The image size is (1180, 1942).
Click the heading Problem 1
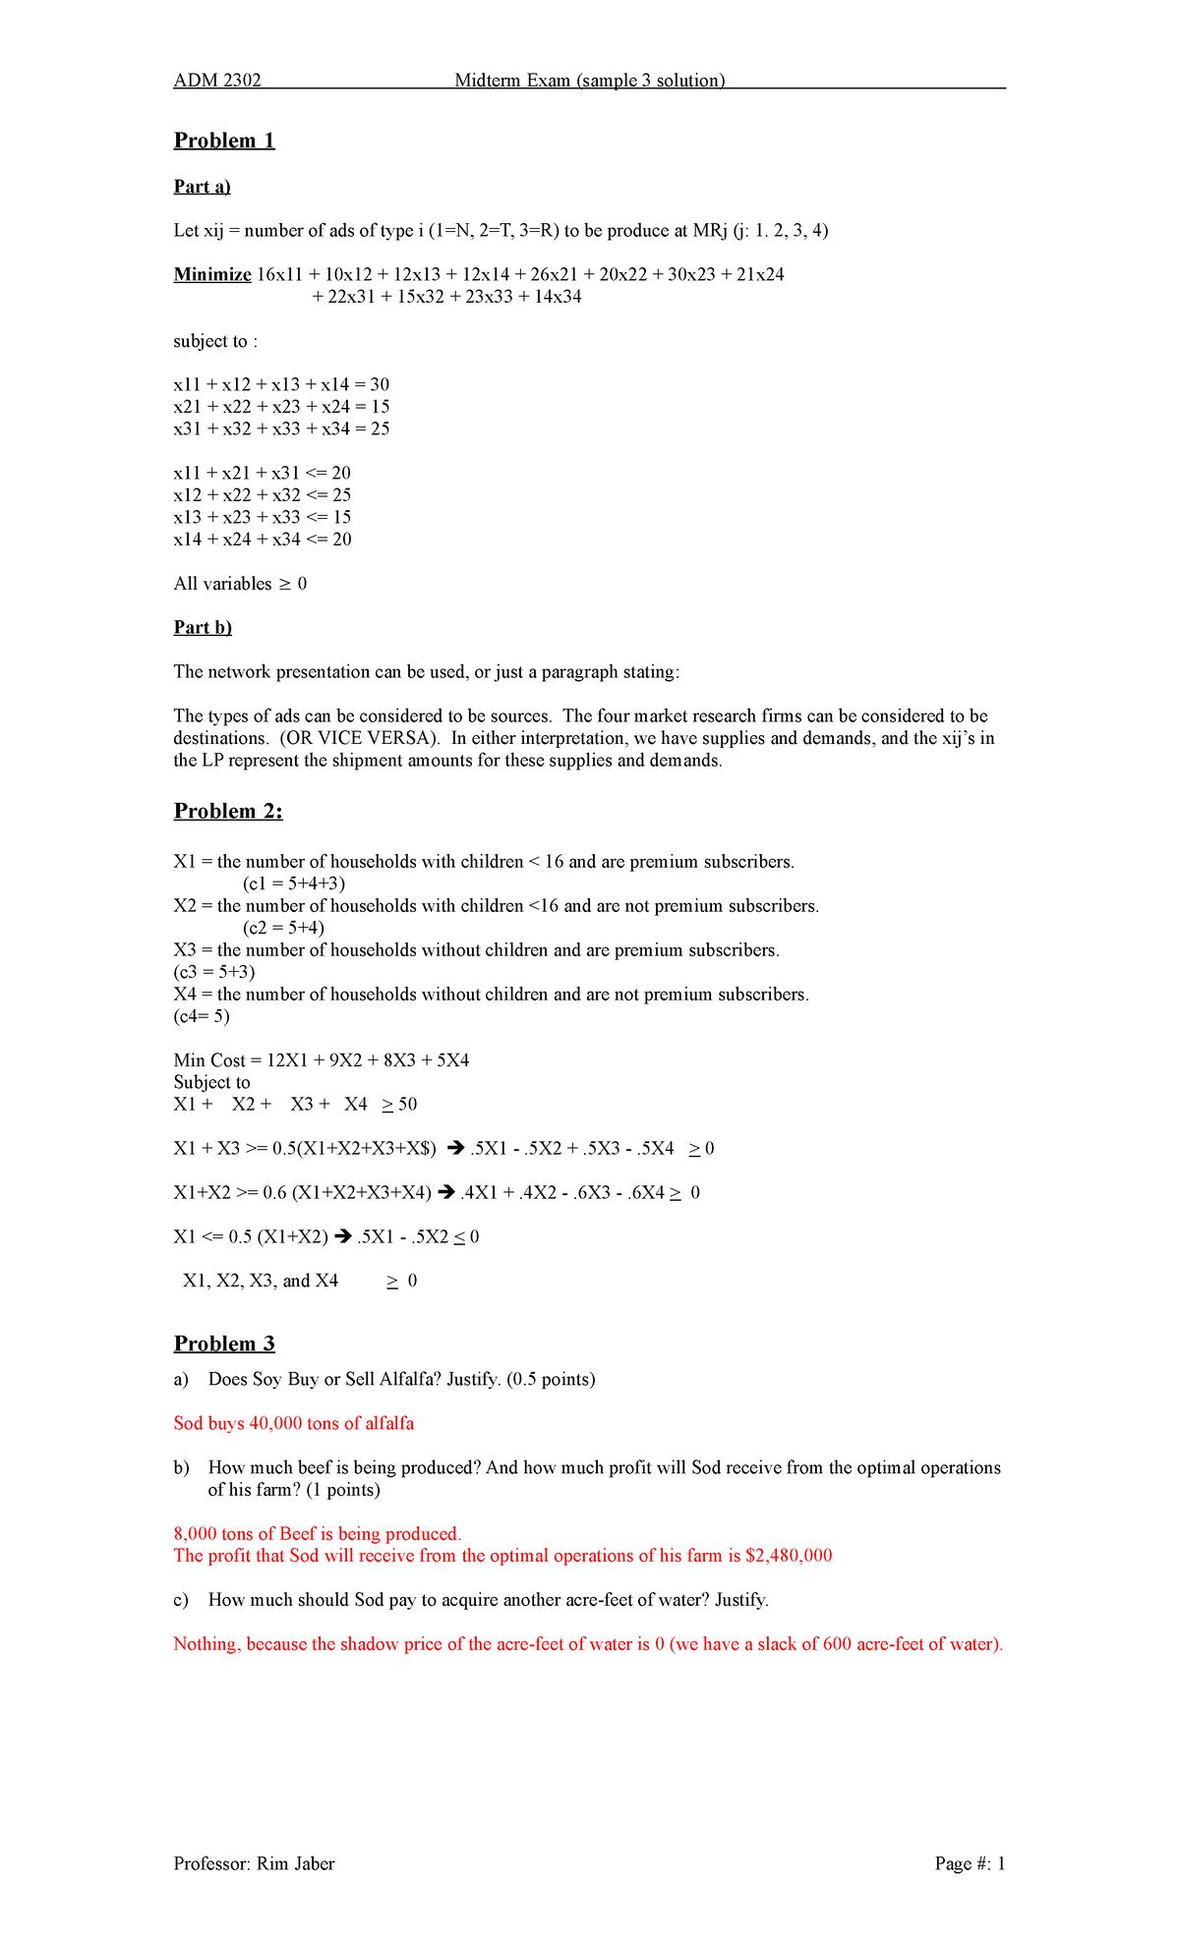[224, 141]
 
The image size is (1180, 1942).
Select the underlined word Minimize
[212, 274]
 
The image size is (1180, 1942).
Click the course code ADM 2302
[217, 81]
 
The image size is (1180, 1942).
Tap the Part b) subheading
[203, 627]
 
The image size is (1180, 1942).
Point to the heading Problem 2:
[228, 811]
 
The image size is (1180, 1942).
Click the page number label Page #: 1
[970, 1863]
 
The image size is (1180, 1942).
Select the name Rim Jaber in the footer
[295, 1863]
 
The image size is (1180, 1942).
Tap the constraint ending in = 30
[281, 384]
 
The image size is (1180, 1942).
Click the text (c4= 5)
[202, 1016]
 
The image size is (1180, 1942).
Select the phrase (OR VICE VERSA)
[361, 738]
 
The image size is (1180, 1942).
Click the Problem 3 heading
[224, 1343]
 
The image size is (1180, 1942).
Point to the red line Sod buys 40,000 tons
[293, 1423]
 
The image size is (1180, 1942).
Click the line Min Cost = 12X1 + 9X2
[321, 1060]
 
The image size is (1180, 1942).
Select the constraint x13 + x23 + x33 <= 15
[262, 517]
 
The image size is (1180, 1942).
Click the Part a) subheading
[202, 187]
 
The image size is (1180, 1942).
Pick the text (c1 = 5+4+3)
[294, 884]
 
